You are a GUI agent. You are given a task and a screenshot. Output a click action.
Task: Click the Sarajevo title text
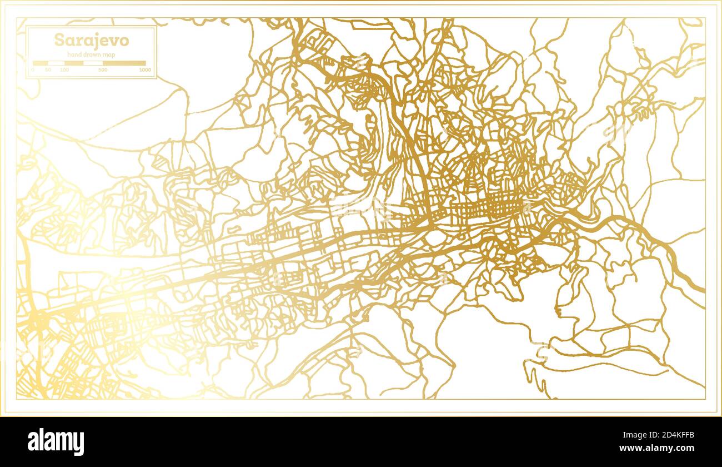tap(92, 40)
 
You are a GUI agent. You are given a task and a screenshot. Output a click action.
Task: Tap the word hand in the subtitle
tap(74, 54)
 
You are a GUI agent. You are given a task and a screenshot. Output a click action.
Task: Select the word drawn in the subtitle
tap(91, 54)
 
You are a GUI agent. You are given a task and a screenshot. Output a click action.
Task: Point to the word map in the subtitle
tap(108, 54)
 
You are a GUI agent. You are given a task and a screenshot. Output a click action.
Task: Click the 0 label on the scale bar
tap(33, 70)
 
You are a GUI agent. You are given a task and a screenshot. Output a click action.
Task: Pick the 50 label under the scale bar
tap(48, 70)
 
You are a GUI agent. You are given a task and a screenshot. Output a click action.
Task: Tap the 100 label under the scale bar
tap(64, 70)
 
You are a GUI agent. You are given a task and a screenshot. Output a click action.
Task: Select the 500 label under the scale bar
tap(103, 70)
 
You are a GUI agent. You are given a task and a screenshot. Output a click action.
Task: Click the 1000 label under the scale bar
tap(145, 70)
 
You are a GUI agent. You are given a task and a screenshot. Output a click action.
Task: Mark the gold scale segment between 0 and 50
tap(41, 63)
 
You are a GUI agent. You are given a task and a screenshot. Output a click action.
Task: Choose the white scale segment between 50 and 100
tap(56, 63)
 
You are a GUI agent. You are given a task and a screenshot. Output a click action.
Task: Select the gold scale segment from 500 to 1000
tap(124, 63)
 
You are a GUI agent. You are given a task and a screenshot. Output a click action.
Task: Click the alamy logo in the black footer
tap(56, 442)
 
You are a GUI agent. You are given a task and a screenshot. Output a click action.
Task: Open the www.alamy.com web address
tap(659, 448)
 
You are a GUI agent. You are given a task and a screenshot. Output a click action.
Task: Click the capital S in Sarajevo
tap(58, 40)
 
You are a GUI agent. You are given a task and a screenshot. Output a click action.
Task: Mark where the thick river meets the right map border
tap(704, 290)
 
